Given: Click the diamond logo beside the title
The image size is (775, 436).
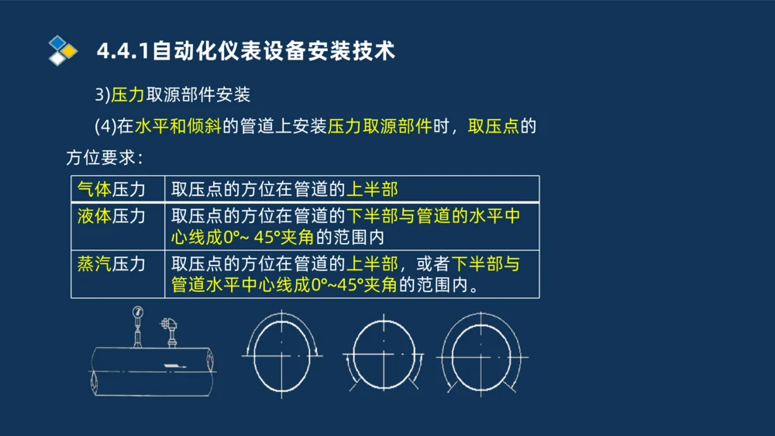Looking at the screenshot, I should click(63, 50).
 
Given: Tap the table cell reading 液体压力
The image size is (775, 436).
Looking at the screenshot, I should click(112, 216).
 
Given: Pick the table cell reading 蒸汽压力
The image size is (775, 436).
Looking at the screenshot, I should click(112, 263).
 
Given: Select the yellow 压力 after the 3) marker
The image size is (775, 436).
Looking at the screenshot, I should click(128, 95).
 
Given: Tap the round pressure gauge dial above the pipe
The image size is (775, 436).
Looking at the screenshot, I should click(138, 312).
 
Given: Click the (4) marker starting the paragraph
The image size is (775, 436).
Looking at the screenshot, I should click(105, 126).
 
